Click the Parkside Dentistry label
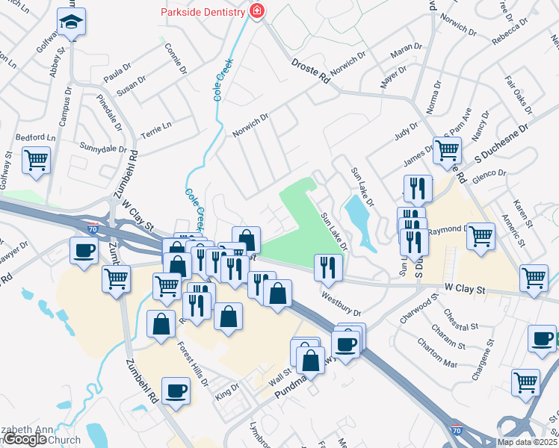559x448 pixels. [x=203, y=12]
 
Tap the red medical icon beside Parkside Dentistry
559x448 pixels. [x=258, y=11]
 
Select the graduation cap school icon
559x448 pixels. [x=71, y=24]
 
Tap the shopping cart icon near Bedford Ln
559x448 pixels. [x=36, y=161]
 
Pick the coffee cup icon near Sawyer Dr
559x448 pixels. [x=84, y=251]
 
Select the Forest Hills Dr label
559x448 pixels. [x=194, y=364]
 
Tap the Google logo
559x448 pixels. [x=25, y=439]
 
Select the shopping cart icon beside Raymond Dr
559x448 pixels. [x=481, y=236]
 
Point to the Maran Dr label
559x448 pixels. [x=407, y=52]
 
